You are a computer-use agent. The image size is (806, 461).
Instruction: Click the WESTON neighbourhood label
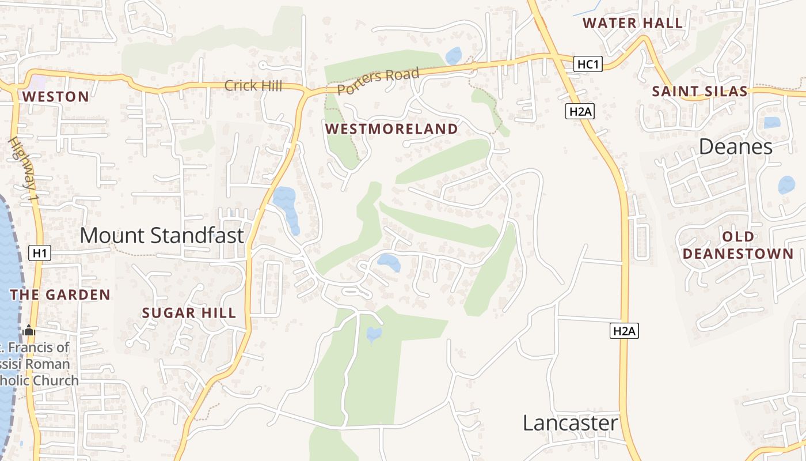[56, 97]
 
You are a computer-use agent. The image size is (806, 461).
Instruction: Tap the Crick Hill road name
[253, 86]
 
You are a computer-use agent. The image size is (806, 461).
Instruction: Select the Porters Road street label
[378, 82]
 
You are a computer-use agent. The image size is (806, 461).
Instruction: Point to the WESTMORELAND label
[391, 129]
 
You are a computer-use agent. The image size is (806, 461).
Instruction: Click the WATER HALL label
[632, 23]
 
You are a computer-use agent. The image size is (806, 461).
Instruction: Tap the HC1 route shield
[588, 64]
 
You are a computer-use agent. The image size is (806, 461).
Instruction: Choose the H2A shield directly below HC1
[580, 111]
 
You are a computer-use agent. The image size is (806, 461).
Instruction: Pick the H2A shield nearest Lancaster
[624, 331]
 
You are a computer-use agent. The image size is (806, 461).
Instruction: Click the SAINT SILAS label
[699, 91]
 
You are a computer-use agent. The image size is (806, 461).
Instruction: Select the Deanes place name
[735, 147]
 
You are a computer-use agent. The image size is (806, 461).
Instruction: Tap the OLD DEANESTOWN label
[739, 245]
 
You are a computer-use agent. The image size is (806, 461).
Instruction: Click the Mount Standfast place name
[162, 235]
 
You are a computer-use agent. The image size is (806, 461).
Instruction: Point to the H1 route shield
[40, 252]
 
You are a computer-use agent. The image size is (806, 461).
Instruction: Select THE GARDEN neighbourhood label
[60, 295]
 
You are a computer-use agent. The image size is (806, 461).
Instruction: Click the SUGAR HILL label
[189, 313]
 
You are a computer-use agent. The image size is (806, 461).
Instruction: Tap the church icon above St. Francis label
[29, 331]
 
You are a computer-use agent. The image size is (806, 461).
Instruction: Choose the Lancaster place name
[570, 423]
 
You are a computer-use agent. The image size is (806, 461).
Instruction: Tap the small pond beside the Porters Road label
[454, 56]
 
